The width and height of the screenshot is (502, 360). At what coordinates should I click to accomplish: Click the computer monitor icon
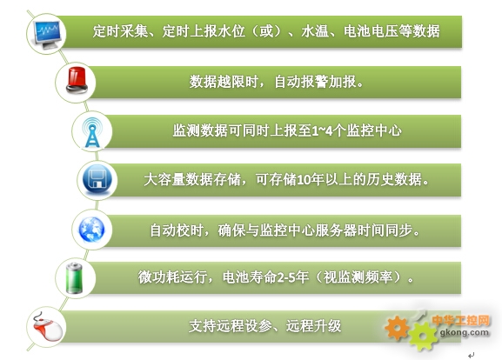(x=47, y=34)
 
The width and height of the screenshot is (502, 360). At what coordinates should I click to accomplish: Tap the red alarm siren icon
(x=77, y=80)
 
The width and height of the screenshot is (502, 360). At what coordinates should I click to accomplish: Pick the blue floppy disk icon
(x=97, y=180)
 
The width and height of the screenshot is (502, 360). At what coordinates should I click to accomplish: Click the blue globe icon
(x=92, y=229)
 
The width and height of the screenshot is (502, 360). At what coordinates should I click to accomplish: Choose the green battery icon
(x=74, y=277)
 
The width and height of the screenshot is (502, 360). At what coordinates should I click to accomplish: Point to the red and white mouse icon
(x=47, y=327)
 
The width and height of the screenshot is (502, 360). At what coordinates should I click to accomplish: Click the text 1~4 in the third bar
(x=322, y=130)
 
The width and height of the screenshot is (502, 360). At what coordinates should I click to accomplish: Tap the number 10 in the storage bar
(x=304, y=179)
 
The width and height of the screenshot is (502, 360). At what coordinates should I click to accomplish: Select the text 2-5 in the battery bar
(x=285, y=277)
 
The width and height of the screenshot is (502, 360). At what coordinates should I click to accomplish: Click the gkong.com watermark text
(x=465, y=332)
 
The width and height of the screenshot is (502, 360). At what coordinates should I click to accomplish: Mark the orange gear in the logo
(x=397, y=328)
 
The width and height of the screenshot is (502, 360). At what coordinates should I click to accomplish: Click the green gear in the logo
(x=423, y=336)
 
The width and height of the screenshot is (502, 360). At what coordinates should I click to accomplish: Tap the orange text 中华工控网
(x=461, y=320)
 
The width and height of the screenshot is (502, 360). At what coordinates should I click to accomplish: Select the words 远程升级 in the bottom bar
(x=314, y=326)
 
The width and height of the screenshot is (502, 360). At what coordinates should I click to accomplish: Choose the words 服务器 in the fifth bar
(x=336, y=230)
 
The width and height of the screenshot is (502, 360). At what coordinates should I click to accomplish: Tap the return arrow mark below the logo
(x=471, y=355)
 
